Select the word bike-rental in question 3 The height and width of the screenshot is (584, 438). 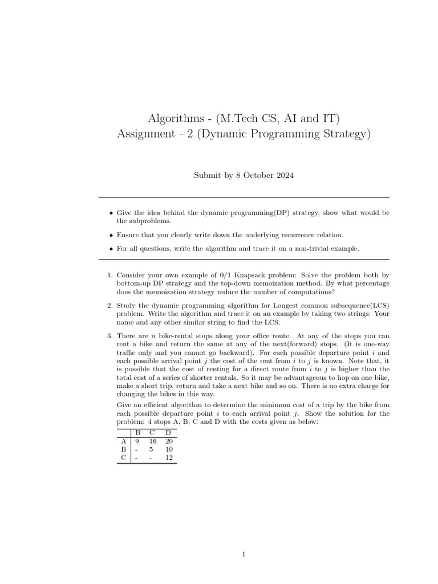(177, 336)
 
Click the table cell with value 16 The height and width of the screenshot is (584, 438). (152, 441)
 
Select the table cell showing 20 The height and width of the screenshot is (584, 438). (168, 441)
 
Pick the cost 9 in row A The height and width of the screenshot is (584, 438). (137, 441)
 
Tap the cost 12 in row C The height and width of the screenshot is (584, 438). (168, 457)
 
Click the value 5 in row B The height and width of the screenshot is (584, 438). (152, 449)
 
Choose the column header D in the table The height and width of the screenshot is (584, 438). (168, 432)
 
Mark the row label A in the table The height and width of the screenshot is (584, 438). (123, 441)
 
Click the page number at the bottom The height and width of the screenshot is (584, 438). (244, 554)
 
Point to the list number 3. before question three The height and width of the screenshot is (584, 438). (109, 336)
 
